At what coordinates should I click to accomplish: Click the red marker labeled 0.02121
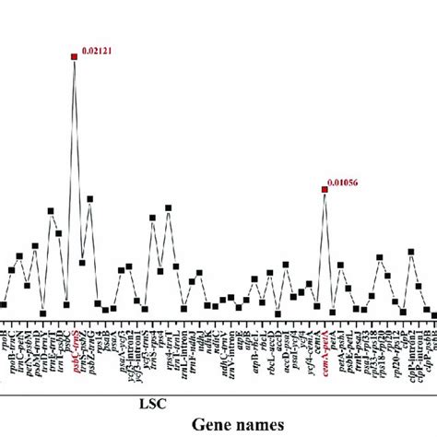pos(74,57)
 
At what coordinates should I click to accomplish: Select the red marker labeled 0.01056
pos(324,190)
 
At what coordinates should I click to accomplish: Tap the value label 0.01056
pos(345,183)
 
